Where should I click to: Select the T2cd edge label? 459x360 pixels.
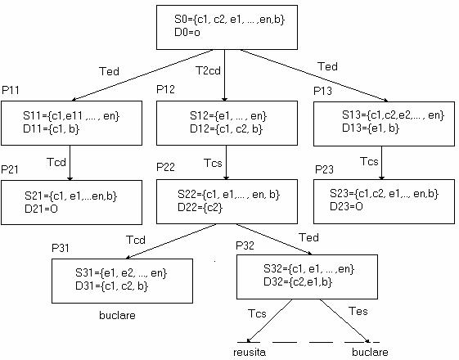(x=208, y=70)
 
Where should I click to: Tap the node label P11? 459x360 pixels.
(x=11, y=90)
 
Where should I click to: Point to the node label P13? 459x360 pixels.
(x=322, y=91)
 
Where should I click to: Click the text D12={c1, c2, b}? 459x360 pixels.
(x=226, y=128)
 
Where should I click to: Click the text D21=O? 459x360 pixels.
(x=41, y=209)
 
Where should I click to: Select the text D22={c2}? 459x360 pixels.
(x=200, y=208)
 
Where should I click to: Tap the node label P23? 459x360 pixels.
(x=324, y=169)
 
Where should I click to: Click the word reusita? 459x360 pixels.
(x=250, y=352)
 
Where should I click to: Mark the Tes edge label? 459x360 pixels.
(x=358, y=311)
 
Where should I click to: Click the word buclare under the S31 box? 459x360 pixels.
(x=117, y=315)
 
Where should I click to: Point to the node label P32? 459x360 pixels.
(x=245, y=245)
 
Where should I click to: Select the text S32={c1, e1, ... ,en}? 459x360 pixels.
(x=308, y=268)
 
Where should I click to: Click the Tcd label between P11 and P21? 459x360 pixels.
(x=56, y=162)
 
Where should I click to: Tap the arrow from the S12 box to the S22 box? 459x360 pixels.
(x=226, y=163)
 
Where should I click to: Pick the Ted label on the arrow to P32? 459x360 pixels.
(x=308, y=237)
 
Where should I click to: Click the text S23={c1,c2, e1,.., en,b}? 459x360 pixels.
(x=384, y=193)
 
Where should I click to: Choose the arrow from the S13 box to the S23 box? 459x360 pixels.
(x=381, y=163)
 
